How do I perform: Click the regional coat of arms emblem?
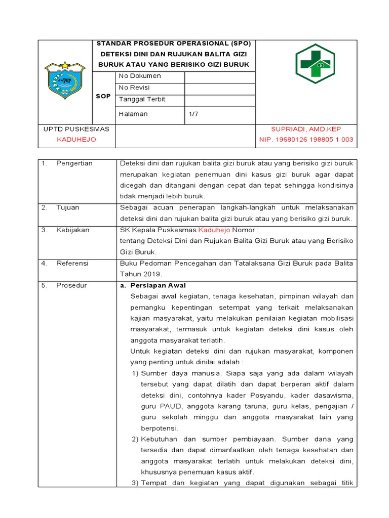coord(65,79)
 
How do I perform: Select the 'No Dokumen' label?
coord(139,76)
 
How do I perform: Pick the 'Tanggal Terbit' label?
coord(142,100)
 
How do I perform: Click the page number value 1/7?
coord(193,114)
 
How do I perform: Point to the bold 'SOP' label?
coord(103,96)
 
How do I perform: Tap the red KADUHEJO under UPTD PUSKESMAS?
coord(76,140)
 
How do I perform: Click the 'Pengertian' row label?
coord(78,163)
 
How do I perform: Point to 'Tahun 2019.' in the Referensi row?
coord(140,274)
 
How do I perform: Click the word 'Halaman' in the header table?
coord(133,114)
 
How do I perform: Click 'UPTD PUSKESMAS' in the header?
coord(76,129)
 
